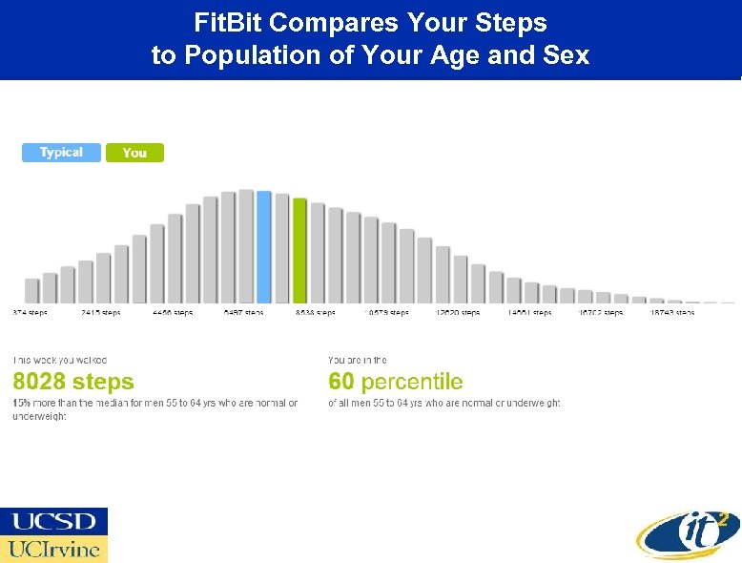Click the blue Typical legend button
coord(61,153)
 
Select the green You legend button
coord(134,153)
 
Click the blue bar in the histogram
coord(264,247)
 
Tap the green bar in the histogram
coord(299,251)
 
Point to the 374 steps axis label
coord(30,313)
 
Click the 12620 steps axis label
coord(458,313)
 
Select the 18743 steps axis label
coord(671,313)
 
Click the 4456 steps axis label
coord(173,313)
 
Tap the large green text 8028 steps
coord(73,383)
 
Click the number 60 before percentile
coord(340,383)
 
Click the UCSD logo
coord(54,521)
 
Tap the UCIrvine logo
coord(54,550)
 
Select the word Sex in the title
coord(568,55)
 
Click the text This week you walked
coord(59,360)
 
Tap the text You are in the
coord(358,360)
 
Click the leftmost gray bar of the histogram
coord(31,290)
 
